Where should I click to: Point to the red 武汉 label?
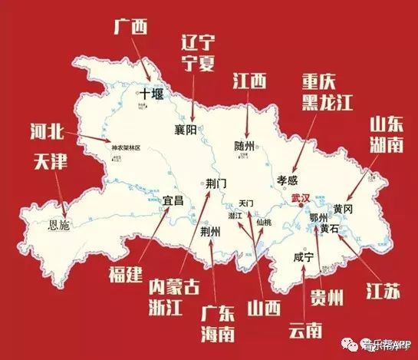pyautogui.click(x=301, y=198)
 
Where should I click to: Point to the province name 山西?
pyautogui.click(x=262, y=307)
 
